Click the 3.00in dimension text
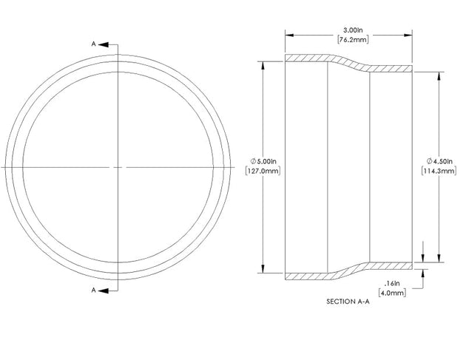coord(353,30)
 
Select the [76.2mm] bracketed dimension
coord(353,39)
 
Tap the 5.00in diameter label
coord(266,161)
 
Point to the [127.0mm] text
coord(263,171)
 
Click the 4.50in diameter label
coord(443,161)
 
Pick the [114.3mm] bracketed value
coord(439,171)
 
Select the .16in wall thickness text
coord(392,283)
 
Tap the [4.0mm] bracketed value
coord(392,293)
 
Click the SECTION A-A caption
coord(348,302)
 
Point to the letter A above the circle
coord(94,44)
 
